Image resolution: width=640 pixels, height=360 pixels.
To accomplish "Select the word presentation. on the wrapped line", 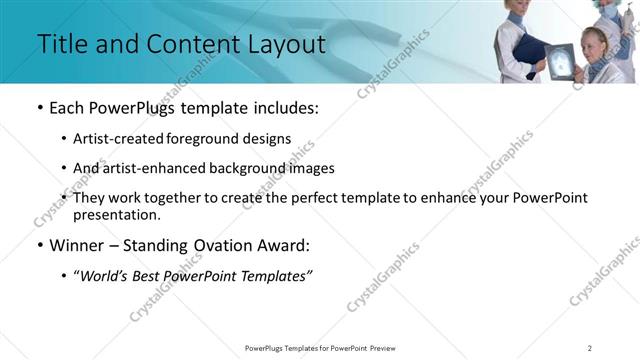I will tap(116, 214).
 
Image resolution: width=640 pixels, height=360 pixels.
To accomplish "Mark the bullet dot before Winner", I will tap(39, 245).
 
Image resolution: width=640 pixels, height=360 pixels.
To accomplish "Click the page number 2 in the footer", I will tap(590, 347).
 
